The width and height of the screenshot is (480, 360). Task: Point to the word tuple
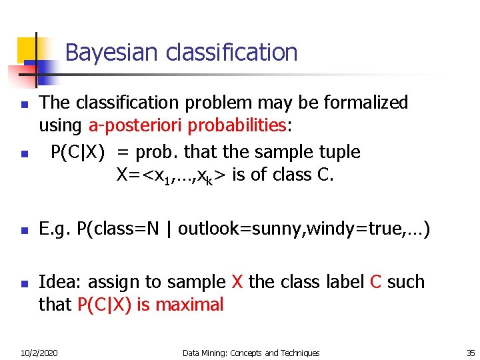coord(337,153)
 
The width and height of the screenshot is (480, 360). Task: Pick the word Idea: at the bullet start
coord(61,282)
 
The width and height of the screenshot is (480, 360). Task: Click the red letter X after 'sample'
coord(237,282)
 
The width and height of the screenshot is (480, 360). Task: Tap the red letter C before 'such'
coord(375,282)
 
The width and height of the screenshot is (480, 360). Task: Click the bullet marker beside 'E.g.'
coord(23,231)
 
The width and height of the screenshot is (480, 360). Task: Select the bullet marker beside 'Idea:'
coord(23,283)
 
